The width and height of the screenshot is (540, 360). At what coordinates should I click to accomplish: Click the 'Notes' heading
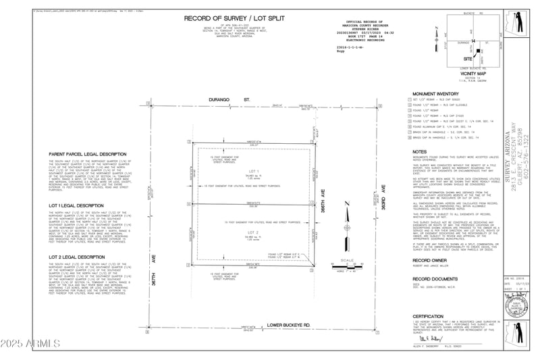point(419,152)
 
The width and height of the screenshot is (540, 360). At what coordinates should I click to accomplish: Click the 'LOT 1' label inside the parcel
point(254,171)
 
